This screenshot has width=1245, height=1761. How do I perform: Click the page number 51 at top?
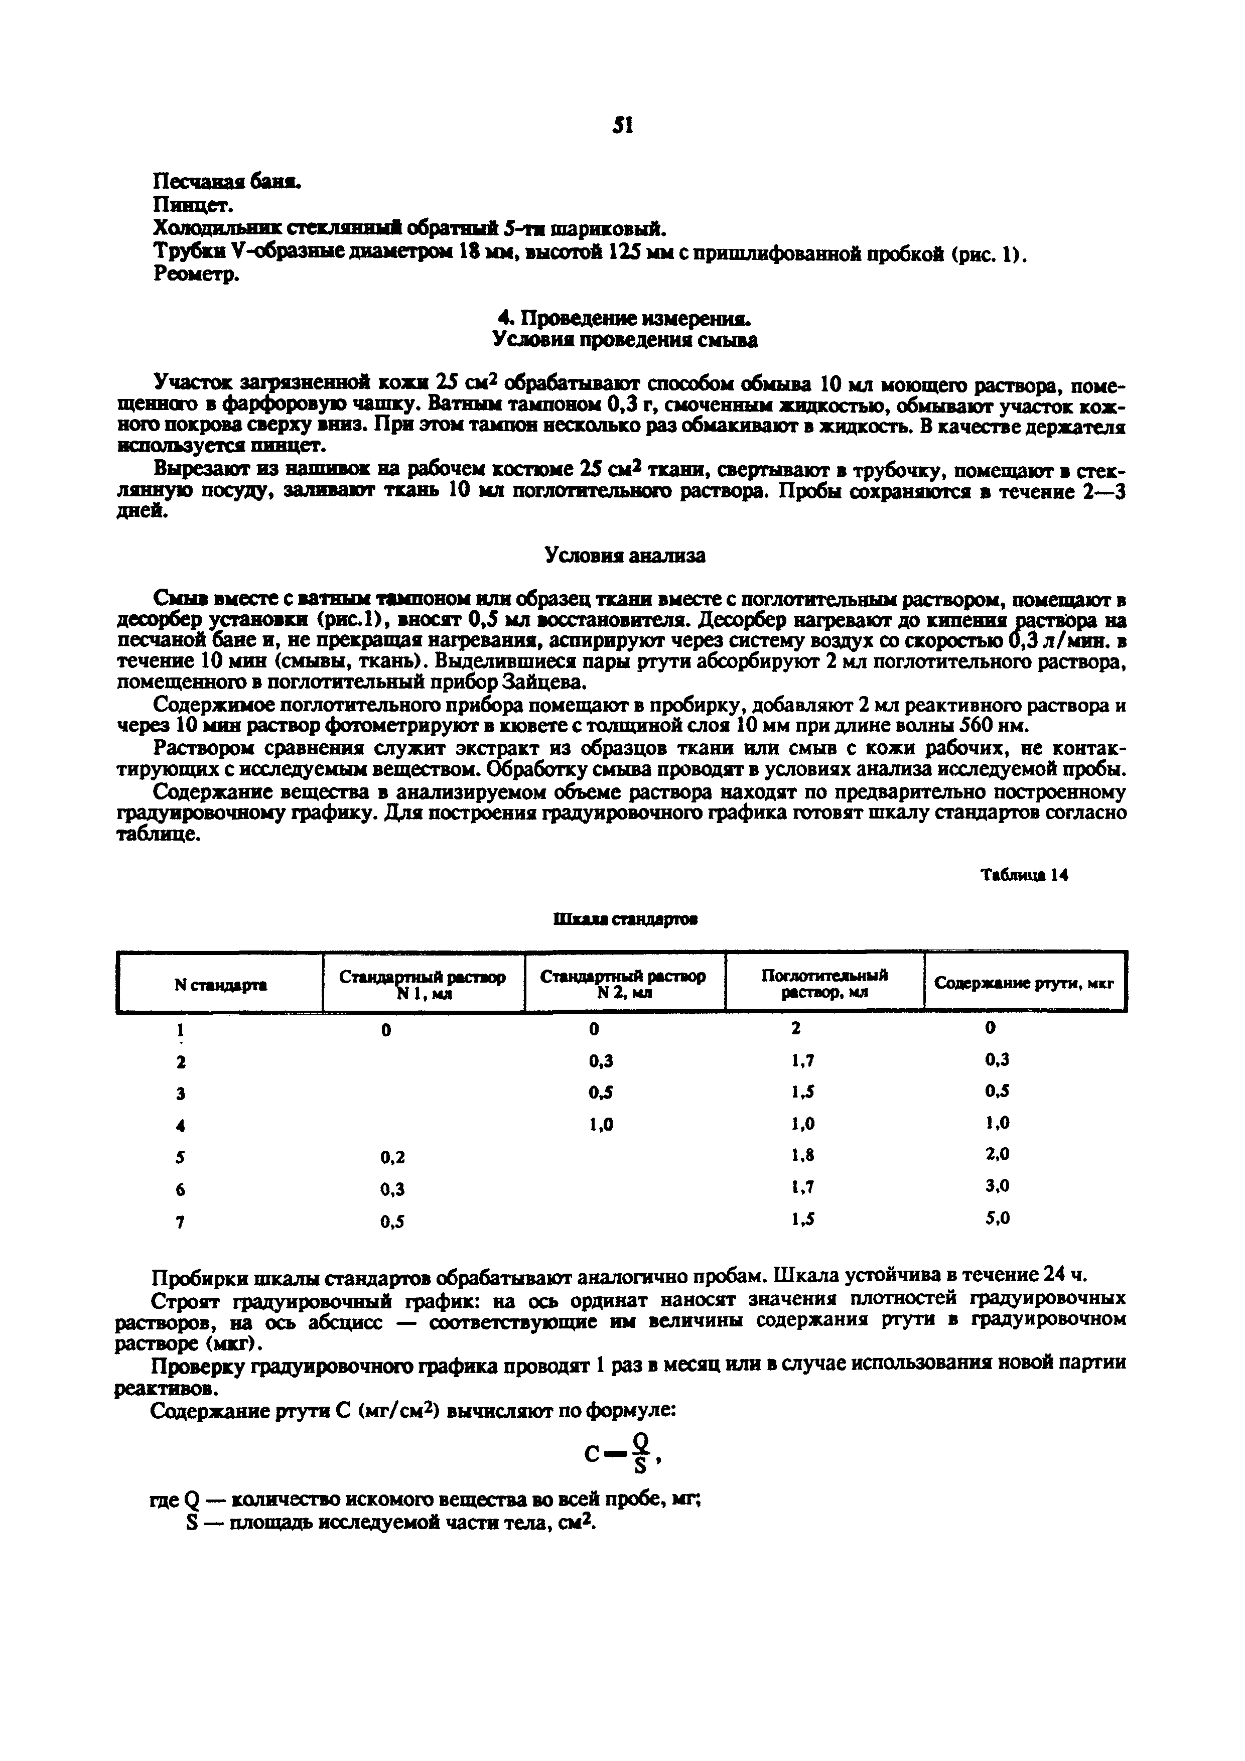(623, 126)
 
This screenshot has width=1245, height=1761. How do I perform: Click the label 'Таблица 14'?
(1025, 875)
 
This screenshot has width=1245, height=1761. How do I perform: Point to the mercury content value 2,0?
(998, 1154)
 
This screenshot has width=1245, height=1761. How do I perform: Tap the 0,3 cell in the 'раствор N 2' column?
(601, 1061)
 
